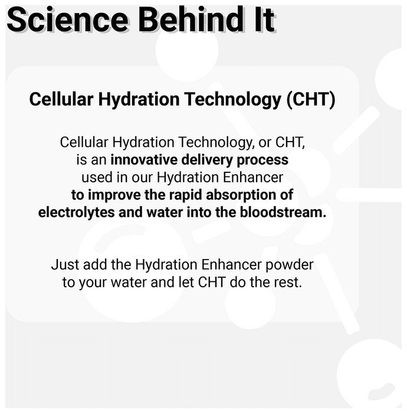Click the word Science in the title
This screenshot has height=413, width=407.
point(68,19)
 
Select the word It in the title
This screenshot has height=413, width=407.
point(265,19)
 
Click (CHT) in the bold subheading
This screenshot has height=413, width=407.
point(311,100)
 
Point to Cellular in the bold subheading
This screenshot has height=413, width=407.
point(61,99)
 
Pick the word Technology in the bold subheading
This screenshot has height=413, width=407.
point(233,100)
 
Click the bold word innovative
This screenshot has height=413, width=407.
point(144,160)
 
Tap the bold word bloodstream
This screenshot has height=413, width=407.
point(283,212)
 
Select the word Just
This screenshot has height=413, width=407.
point(65,264)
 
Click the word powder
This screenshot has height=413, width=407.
point(289,265)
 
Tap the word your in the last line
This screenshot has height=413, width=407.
point(93,283)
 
